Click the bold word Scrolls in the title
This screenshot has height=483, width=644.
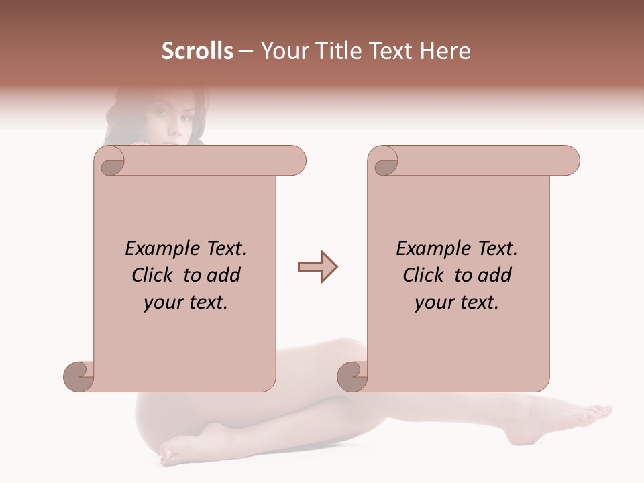tap(197, 51)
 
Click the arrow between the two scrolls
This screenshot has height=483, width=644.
tap(317, 267)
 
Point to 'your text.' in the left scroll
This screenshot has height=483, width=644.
tap(185, 302)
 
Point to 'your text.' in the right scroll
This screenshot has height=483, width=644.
tap(456, 302)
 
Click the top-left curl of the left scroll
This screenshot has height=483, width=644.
tap(109, 161)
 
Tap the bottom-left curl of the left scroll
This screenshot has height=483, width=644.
tap(78, 376)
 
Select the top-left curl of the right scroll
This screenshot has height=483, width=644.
tap(383, 161)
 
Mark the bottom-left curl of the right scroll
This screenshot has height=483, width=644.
tap(352, 376)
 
